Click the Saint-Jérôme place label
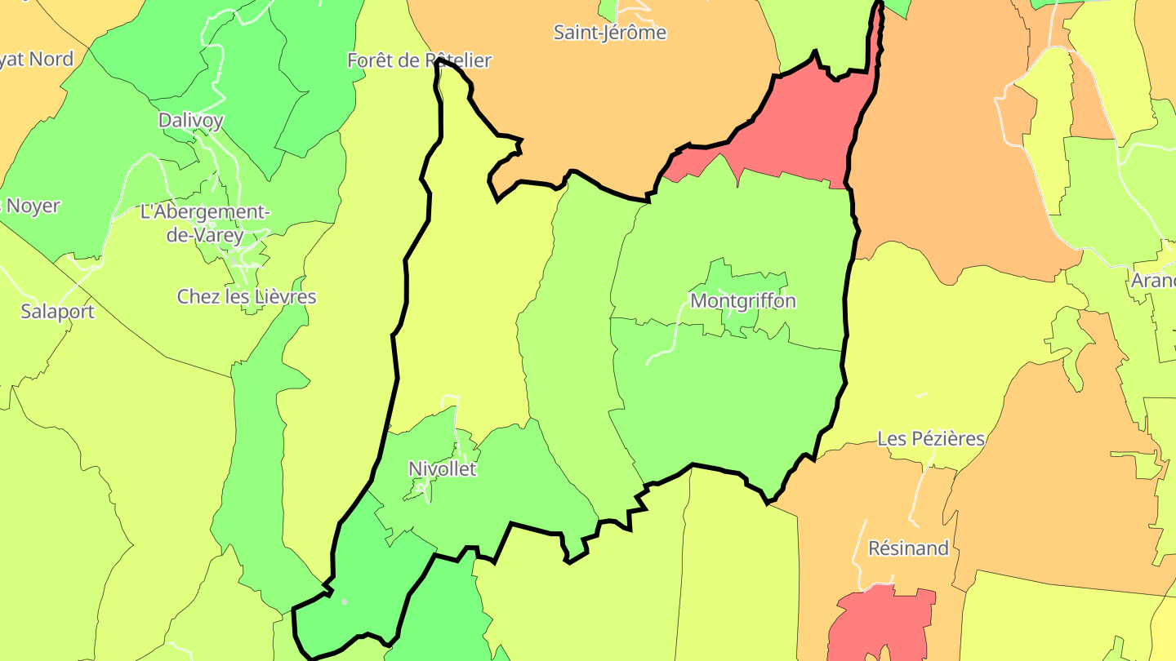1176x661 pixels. (609, 33)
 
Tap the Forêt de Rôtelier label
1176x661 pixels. (419, 60)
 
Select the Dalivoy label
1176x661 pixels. (190, 121)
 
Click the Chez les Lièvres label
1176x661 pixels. (246, 296)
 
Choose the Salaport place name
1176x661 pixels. (57, 311)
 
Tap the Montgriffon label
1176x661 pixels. (742, 301)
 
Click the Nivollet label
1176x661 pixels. (442, 469)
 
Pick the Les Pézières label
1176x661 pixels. (930, 439)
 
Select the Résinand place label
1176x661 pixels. (908, 548)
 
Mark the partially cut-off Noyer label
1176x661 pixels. (31, 206)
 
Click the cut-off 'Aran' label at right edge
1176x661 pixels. (1152, 281)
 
